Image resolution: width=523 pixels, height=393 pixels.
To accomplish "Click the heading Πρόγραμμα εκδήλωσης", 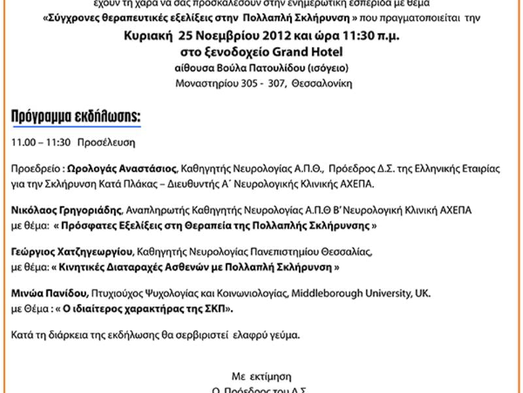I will click(76, 117).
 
